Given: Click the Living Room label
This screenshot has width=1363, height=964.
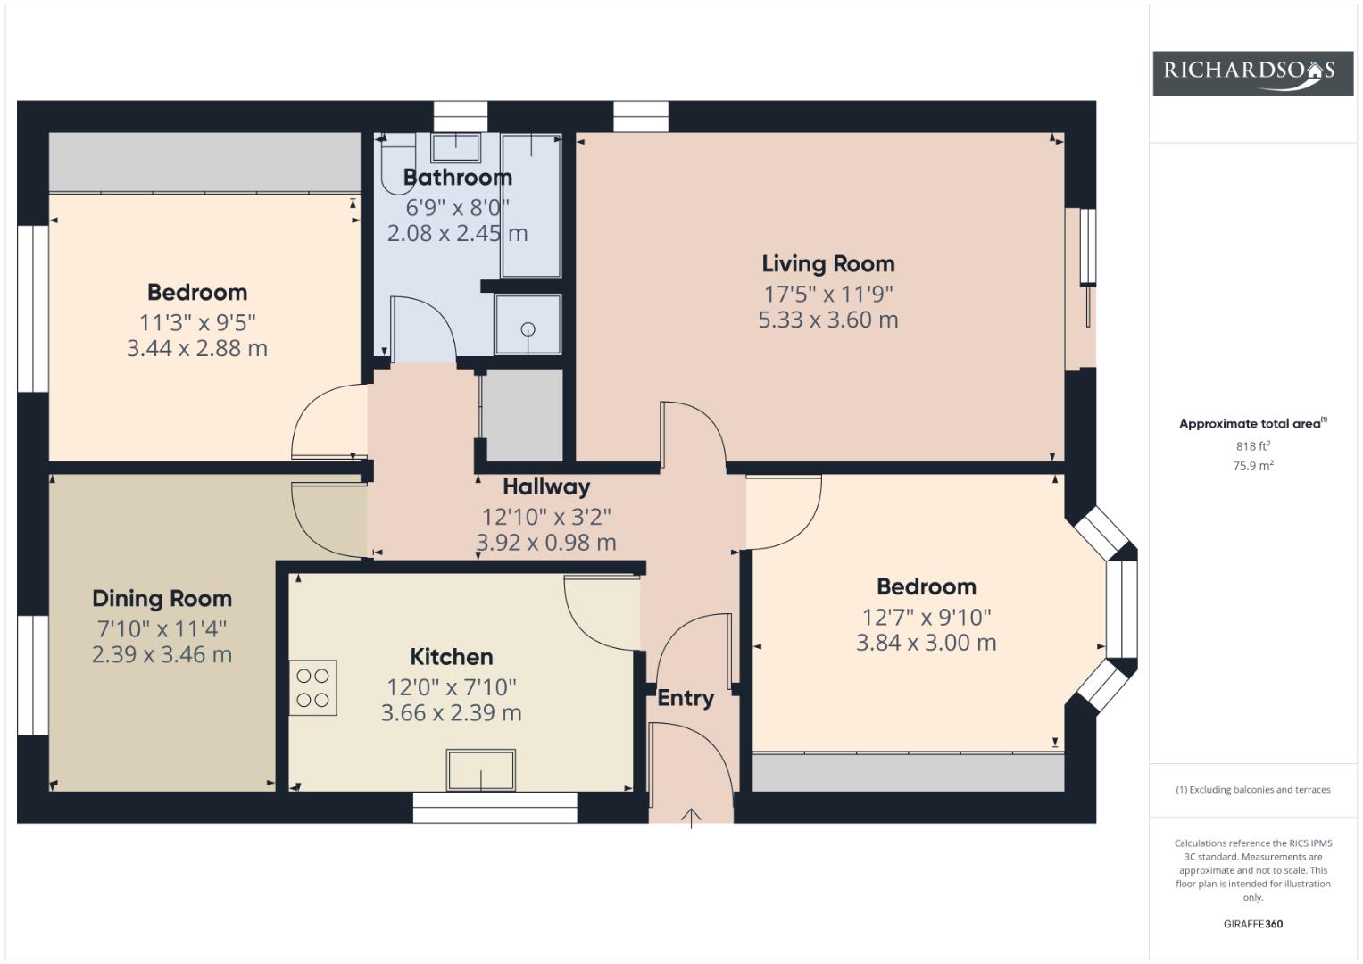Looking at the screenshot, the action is tap(828, 264).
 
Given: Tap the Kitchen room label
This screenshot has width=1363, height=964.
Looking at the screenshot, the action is tap(452, 657).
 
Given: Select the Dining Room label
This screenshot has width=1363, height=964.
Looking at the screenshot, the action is tap(162, 599).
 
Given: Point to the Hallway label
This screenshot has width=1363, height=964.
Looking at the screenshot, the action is tap(546, 486).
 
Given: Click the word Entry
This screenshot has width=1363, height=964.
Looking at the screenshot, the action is tap(686, 699).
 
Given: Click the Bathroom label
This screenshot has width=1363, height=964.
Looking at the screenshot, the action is tap(458, 178).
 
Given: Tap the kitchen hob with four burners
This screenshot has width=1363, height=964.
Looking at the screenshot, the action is tap(312, 687).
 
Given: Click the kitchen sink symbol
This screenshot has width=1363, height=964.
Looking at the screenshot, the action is tap(481, 769).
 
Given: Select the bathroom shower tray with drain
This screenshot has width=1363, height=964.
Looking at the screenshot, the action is tap(528, 324).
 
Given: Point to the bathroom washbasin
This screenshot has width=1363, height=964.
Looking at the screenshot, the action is tap(456, 148).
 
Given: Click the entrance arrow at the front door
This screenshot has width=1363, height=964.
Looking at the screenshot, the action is tap(691, 819).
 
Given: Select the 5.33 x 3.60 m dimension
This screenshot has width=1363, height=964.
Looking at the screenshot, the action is tap(828, 320).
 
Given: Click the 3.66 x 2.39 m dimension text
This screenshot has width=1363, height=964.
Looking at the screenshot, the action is tap(452, 713).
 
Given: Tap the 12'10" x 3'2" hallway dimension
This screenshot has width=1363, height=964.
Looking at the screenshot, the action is tap(546, 518).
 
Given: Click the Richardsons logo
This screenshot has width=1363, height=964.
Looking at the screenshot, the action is tap(1253, 73).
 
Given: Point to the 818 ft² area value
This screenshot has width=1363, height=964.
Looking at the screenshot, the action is tap(1253, 446).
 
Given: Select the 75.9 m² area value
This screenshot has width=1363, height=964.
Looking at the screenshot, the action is tap(1253, 466).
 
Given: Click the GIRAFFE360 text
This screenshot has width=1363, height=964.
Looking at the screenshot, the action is tap(1253, 924).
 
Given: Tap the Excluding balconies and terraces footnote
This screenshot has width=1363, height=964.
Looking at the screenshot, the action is tap(1253, 790).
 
